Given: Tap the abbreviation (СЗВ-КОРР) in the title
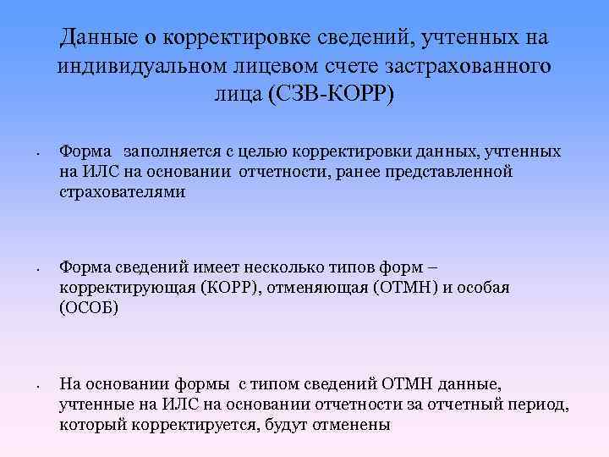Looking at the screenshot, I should [x=331, y=93].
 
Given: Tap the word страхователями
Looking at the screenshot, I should [x=122, y=192].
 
